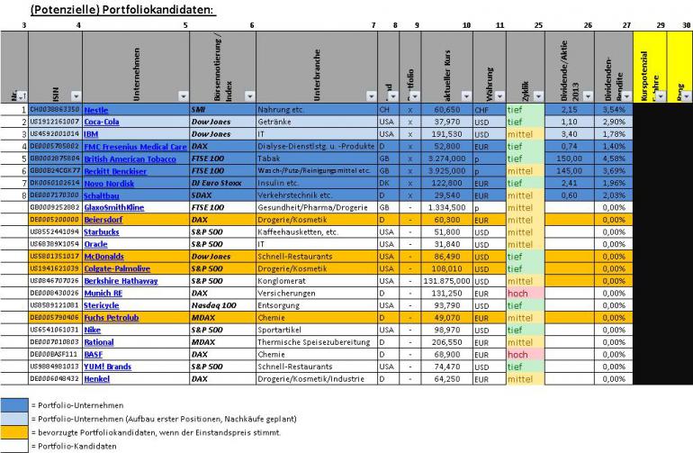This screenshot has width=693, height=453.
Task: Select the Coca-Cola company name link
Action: click(102, 121)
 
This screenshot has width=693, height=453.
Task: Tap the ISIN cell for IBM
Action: click(55, 133)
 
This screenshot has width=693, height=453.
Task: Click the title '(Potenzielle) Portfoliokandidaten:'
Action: click(123, 9)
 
